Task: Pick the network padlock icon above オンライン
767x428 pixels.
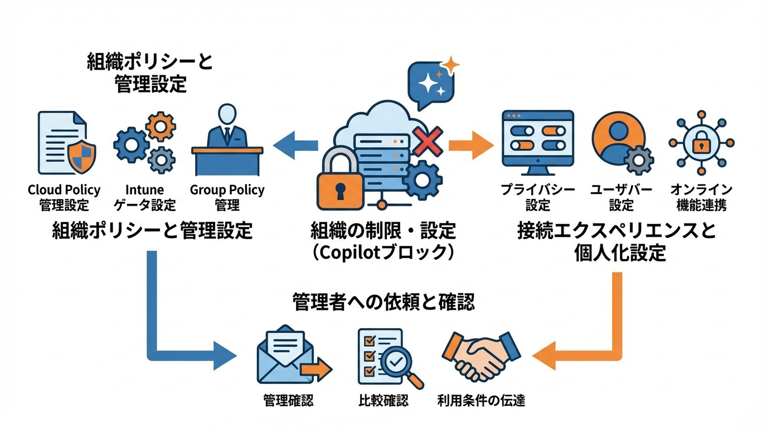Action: point(701,143)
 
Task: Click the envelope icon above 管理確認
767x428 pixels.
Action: point(287,357)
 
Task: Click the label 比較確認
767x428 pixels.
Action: point(383,400)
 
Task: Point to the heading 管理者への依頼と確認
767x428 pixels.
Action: point(384,302)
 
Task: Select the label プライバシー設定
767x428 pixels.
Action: point(537,197)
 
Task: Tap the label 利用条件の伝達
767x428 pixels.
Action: point(481,400)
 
